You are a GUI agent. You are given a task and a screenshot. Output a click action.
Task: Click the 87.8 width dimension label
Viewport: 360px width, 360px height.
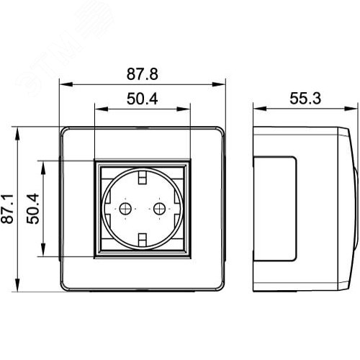[143, 74]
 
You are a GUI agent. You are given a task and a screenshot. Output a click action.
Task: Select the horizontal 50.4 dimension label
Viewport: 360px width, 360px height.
[143, 99]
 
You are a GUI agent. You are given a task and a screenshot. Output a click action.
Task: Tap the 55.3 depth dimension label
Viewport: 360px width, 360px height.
[305, 98]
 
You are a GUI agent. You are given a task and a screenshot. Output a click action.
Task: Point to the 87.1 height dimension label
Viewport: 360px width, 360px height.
[7, 209]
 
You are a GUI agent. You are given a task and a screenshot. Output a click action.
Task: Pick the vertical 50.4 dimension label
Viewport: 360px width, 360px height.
[33, 209]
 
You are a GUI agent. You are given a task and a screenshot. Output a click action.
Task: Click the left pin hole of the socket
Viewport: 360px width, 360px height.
[125, 209]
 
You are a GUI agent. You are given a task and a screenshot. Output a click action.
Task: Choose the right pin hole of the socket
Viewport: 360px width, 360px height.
[159, 209]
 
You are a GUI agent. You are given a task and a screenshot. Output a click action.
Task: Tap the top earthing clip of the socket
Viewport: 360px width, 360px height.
[143, 177]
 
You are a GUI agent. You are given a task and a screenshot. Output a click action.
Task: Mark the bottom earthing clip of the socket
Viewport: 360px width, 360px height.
[143, 240]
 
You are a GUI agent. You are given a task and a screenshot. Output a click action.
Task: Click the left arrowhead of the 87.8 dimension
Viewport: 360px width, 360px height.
[66, 84]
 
